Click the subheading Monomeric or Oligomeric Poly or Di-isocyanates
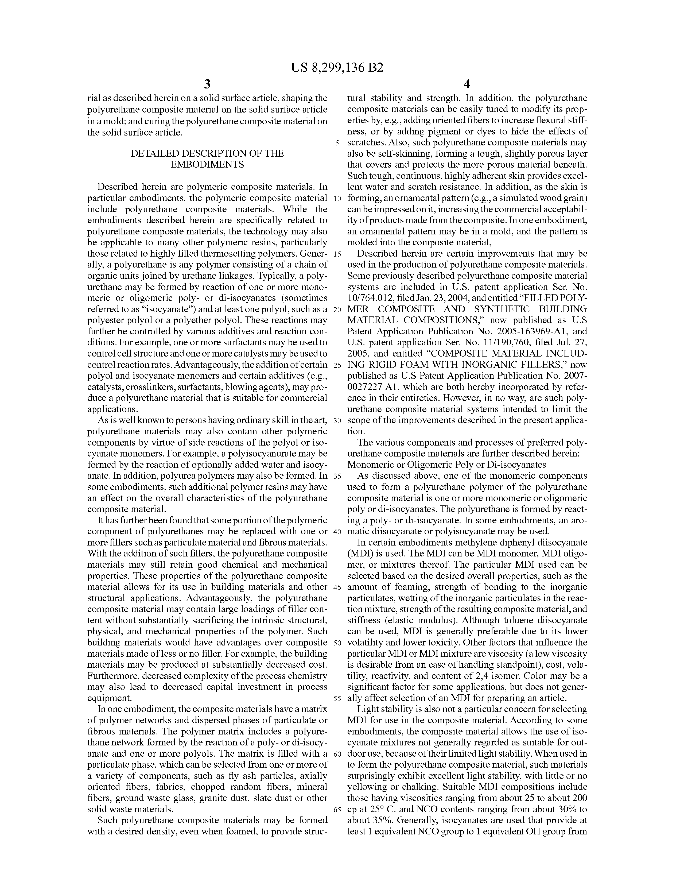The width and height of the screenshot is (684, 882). [x=446, y=465]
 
